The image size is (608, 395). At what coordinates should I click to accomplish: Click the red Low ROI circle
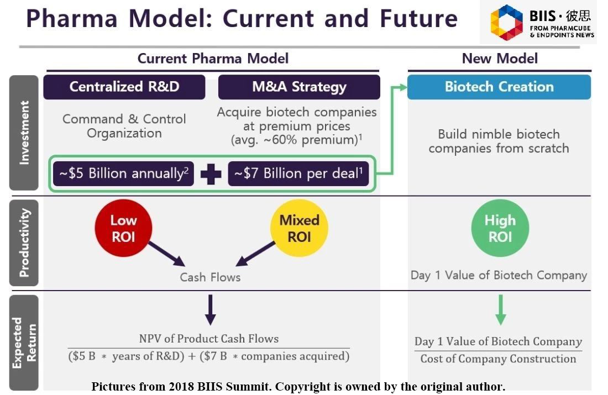pos(123,229)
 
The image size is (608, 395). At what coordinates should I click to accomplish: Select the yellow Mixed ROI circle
pos(299,229)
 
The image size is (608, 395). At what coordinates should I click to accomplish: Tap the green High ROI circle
pos(500,229)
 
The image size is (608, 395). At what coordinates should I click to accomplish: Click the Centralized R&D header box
pos(124,87)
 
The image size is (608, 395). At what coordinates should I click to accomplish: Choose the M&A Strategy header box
pos(299,87)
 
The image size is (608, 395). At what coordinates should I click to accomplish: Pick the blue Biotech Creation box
pos(499,87)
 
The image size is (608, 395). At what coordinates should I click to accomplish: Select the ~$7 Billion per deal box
pos(298,173)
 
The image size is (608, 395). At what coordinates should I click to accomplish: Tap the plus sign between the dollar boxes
pos(211,174)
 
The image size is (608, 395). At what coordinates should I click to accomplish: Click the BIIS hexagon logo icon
pos(506,23)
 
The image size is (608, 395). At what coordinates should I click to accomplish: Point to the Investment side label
pos(24,133)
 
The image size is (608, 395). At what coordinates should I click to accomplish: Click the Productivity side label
pos(24,243)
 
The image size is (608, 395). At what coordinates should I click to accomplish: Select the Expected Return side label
pos(24,343)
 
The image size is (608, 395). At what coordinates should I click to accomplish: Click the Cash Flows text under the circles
pos(210,277)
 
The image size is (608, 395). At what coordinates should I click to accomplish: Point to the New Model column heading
pos(500,59)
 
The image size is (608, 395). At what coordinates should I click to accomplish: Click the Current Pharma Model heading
pos(213,59)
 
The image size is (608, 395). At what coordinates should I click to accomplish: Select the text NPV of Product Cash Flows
pos(208,339)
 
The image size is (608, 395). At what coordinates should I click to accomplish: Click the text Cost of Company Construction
pos(498,359)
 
